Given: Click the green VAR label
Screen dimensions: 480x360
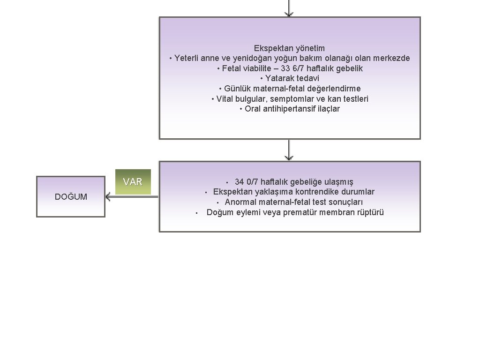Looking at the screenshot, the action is pyautogui.click(x=133, y=182).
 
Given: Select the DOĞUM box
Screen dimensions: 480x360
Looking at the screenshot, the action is pyautogui.click(x=71, y=196).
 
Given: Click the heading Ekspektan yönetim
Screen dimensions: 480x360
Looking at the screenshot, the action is pyautogui.click(x=289, y=48).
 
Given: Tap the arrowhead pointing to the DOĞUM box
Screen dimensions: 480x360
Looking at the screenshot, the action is pyautogui.click(x=108, y=196).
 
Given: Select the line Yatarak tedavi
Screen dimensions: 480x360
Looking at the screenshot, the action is pyautogui.click(x=292, y=78).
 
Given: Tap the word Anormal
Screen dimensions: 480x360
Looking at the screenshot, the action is pyautogui.click(x=240, y=202).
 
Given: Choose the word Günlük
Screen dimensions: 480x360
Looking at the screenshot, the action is pyautogui.click(x=238, y=89).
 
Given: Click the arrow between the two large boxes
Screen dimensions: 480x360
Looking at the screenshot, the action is pyautogui.click(x=289, y=150).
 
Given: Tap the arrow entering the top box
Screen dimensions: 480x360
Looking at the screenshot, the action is pyautogui.click(x=289, y=8).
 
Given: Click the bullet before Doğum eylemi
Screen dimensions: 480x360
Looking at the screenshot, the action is pyautogui.click(x=196, y=213).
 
